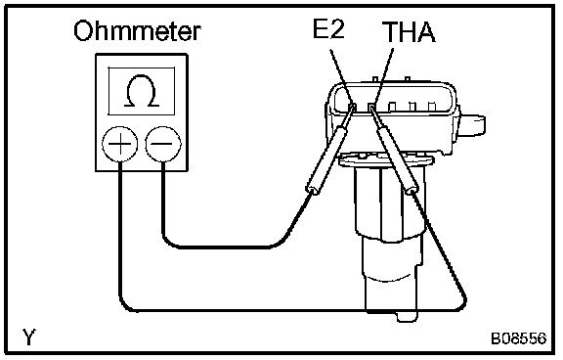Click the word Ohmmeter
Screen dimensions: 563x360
tap(137, 31)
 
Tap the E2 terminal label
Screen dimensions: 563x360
tap(328, 28)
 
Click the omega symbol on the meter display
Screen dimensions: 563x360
tap(142, 91)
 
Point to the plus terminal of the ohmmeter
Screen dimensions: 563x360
tap(120, 144)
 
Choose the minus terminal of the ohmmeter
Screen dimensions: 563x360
tap(163, 144)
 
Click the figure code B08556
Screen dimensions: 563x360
tap(519, 338)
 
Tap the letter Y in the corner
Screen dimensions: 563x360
tap(29, 337)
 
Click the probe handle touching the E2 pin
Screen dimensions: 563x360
tap(327, 159)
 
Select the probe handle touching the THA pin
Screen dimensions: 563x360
tap(398, 159)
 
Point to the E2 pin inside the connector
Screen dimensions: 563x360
tap(353, 107)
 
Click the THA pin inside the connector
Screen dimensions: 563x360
tap(371, 107)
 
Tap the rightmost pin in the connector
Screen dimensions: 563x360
tap(432, 107)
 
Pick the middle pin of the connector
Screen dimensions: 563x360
tap(393, 107)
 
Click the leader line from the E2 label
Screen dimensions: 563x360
tap(341, 76)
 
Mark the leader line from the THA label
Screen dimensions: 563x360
tap(382, 76)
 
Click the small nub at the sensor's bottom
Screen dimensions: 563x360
tap(407, 316)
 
